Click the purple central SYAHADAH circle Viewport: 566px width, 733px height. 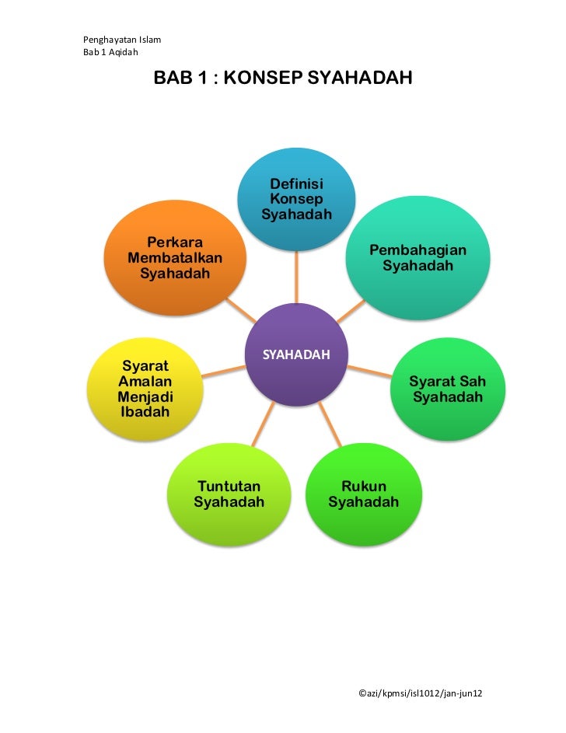coord(296,354)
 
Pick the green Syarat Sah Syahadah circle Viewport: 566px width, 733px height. coord(447,389)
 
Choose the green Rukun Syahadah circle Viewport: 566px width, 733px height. coord(363,494)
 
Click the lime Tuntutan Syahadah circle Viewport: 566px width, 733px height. coord(229,494)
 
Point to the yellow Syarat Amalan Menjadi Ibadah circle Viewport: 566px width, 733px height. coord(146,389)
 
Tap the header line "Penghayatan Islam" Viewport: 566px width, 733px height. coord(116,39)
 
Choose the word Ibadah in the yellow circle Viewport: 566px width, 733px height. coord(145,412)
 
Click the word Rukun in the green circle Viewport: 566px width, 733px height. coord(363,487)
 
